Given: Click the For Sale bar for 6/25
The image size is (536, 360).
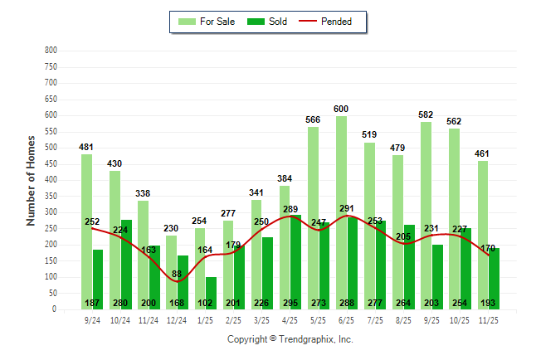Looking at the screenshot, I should (x=341, y=207).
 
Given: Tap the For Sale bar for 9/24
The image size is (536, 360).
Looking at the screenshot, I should (x=86, y=232).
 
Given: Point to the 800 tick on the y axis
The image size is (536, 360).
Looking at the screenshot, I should (x=51, y=51).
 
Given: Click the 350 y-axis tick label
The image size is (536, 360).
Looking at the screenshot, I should (x=51, y=197).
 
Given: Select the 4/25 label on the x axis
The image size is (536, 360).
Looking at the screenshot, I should (x=290, y=319).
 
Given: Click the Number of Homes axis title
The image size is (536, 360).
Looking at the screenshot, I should (x=31, y=180).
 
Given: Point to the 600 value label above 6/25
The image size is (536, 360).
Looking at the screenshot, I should (x=341, y=109).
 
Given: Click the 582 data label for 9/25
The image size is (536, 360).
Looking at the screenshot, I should (x=426, y=114).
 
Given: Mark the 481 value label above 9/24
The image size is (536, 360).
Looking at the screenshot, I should (x=86, y=147).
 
